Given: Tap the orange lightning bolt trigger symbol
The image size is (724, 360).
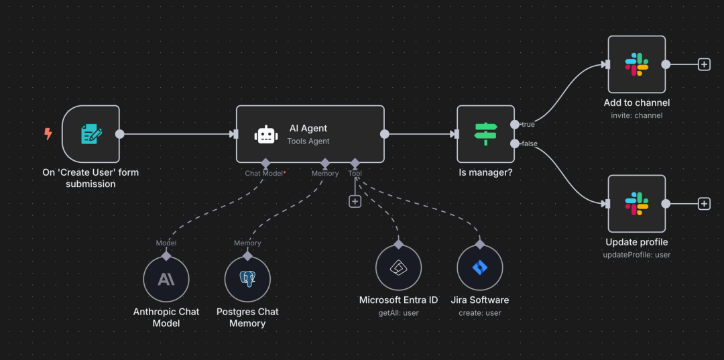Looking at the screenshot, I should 48,134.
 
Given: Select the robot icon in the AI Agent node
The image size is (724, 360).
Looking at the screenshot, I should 266,135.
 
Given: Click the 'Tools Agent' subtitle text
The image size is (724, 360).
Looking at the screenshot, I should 308,141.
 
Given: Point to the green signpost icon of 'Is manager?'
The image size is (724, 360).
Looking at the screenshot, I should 485,134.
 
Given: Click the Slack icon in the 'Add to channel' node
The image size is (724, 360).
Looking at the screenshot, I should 636,65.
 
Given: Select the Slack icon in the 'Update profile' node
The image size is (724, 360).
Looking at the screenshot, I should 636,204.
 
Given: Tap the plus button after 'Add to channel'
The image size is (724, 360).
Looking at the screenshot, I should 704,64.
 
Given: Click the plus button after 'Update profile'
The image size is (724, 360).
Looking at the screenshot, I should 704,204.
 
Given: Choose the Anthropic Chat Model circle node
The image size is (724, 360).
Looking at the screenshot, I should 166,279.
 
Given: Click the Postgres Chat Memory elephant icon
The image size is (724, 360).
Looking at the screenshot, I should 247,279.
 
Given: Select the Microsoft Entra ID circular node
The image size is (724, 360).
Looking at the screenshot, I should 398,267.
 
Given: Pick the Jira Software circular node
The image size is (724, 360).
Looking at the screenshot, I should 479,267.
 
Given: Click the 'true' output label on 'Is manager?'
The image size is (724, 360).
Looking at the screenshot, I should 528,125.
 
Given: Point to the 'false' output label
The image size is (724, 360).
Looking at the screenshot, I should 530,143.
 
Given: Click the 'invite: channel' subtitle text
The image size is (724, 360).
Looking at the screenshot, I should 637,115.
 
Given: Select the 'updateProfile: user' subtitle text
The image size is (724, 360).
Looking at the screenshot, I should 637,255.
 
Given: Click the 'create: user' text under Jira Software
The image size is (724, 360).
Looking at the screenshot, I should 479,312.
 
